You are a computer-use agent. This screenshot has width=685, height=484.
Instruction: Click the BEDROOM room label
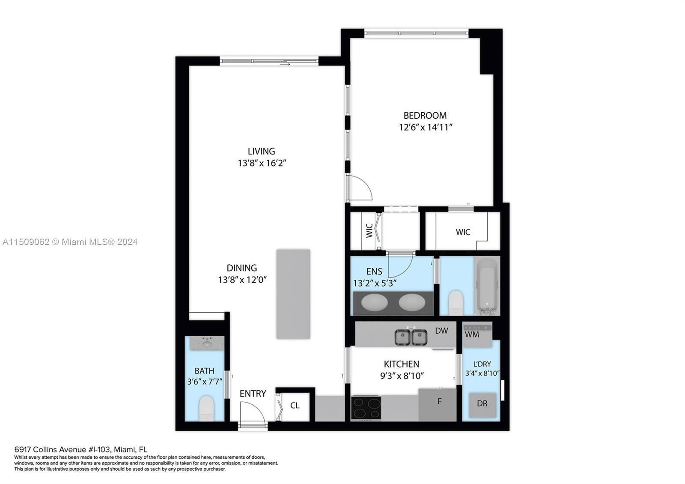[x=425, y=115]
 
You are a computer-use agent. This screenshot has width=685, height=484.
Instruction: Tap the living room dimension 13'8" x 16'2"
[x=262, y=163]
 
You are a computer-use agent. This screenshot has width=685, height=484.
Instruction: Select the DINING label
[x=242, y=268]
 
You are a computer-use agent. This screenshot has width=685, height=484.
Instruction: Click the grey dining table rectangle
[x=293, y=294]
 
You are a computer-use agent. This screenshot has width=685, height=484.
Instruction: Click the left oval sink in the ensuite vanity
[x=374, y=302]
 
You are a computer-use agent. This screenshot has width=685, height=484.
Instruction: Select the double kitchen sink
[x=411, y=337]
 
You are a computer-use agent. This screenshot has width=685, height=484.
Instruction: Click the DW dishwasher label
[x=441, y=331]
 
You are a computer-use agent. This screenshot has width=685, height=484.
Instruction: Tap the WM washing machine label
[x=472, y=334]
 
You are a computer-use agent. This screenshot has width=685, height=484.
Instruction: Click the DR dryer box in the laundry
[x=482, y=403]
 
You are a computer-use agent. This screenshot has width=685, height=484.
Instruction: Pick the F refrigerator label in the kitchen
[x=439, y=401]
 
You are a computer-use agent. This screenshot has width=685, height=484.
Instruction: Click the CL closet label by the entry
[x=295, y=405]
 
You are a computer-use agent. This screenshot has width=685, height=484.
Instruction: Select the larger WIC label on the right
[x=463, y=232]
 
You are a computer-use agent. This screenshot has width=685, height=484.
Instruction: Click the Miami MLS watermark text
[x=70, y=242]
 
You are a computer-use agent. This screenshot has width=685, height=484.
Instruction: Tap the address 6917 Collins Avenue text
[x=80, y=449]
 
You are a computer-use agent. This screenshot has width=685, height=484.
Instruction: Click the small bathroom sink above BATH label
[x=207, y=344]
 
